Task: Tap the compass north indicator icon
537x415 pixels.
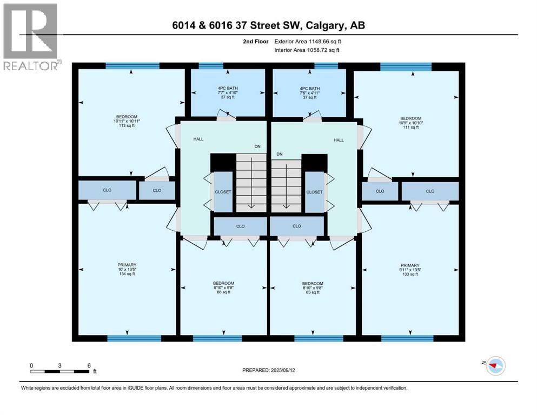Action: pyautogui.click(x=494, y=366)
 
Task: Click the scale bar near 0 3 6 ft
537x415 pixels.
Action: pyautogui.click(x=61, y=371)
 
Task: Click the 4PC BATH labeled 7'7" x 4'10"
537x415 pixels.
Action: pyautogui.click(x=228, y=92)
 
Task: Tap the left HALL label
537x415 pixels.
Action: pyautogui.click(x=198, y=139)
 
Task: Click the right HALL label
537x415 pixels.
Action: pyautogui.click(x=339, y=140)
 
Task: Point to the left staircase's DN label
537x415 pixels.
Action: pyautogui.click(x=257, y=146)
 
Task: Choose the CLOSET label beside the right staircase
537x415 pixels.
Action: pyautogui.click(x=314, y=192)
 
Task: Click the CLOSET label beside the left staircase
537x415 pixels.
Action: pyautogui.click(x=223, y=192)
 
